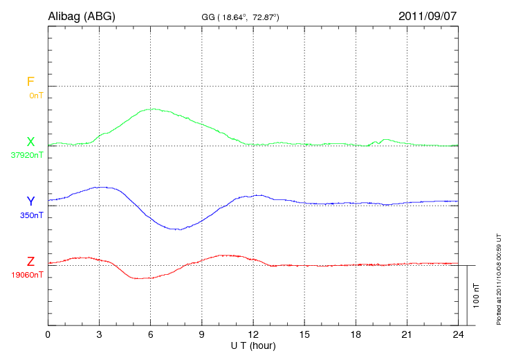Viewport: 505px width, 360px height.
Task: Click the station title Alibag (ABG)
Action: pyautogui.click(x=81, y=15)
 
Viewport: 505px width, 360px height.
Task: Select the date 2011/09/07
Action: pyautogui.click(x=428, y=15)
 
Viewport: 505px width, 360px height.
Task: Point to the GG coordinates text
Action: pyautogui.click(x=240, y=16)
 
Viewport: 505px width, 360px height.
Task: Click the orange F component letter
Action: pyautogui.click(x=30, y=82)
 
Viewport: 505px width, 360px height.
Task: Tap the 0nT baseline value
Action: pyautogui.click(x=35, y=95)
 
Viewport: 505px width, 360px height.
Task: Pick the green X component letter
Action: pyautogui.click(x=30, y=142)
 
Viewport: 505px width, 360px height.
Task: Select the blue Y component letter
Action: pyautogui.click(x=30, y=201)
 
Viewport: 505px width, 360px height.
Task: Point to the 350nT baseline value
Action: pyautogui.click(x=31, y=215)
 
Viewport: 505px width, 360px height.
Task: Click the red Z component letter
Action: pyautogui.click(x=30, y=262)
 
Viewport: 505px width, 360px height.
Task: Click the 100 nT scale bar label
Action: pyautogui.click(x=475, y=295)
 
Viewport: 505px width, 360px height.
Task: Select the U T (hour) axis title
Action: pyautogui.click(x=253, y=345)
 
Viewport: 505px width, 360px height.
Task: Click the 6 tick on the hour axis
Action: pyautogui.click(x=151, y=334)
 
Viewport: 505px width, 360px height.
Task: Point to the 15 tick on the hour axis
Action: pyautogui.click(x=304, y=334)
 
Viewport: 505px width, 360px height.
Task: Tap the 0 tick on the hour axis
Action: pyautogui.click(x=48, y=334)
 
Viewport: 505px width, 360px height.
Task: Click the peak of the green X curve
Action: pyautogui.click(x=152, y=109)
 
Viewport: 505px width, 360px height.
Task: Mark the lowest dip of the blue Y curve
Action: pyautogui.click(x=178, y=229)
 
